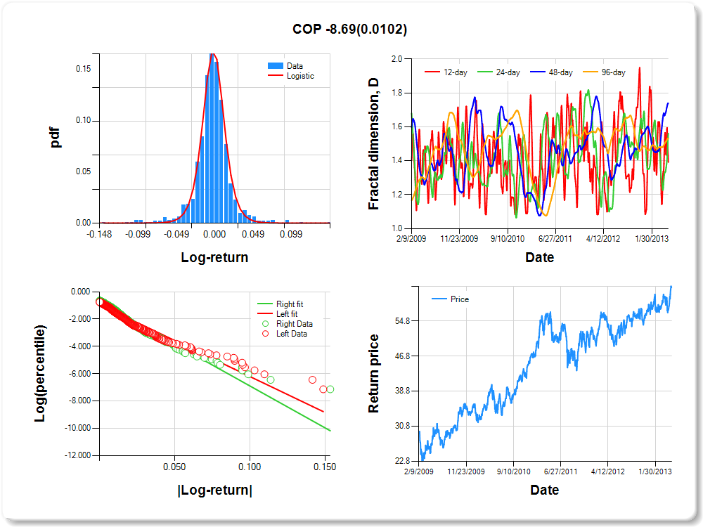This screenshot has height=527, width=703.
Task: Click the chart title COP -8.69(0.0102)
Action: click(x=349, y=29)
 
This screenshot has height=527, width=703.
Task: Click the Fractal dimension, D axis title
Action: click(x=374, y=143)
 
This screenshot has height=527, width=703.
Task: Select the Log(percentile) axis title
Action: click(x=41, y=373)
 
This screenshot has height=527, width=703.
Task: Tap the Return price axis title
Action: click(x=374, y=373)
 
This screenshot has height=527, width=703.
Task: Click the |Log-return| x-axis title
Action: click(x=214, y=490)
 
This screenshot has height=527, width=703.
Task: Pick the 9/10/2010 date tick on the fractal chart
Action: click(x=508, y=238)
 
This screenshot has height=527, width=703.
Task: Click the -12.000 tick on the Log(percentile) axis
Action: click(x=76, y=455)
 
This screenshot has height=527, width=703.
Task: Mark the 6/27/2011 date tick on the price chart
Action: click(x=558, y=471)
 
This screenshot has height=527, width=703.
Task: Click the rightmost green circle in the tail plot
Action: click(x=330, y=389)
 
